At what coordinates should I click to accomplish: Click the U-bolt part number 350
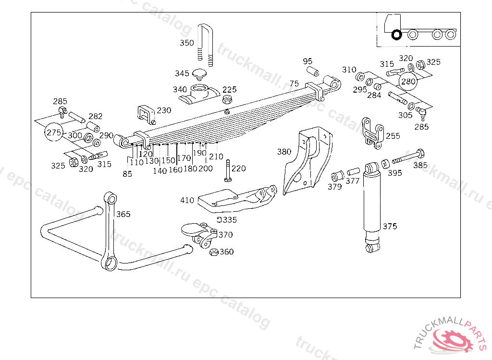click(187, 43)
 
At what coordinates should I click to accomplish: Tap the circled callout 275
click(54, 132)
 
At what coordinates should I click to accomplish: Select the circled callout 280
click(408, 81)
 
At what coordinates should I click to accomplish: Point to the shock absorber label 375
click(390, 226)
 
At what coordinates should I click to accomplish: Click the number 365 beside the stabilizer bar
click(123, 214)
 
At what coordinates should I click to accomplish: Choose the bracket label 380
click(284, 152)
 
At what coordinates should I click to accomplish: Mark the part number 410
click(187, 201)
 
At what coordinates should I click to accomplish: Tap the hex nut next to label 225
click(228, 100)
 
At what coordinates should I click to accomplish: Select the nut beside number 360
click(214, 252)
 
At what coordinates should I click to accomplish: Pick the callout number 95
click(307, 61)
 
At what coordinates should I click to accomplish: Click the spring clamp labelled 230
click(146, 113)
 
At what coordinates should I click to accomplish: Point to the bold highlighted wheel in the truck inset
click(396, 35)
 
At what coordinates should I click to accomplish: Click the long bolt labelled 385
click(407, 157)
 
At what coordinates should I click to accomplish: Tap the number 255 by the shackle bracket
click(393, 136)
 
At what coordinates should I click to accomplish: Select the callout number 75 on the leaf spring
click(294, 84)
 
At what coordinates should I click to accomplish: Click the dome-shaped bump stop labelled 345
click(198, 74)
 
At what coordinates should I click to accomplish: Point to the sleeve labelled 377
click(353, 171)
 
